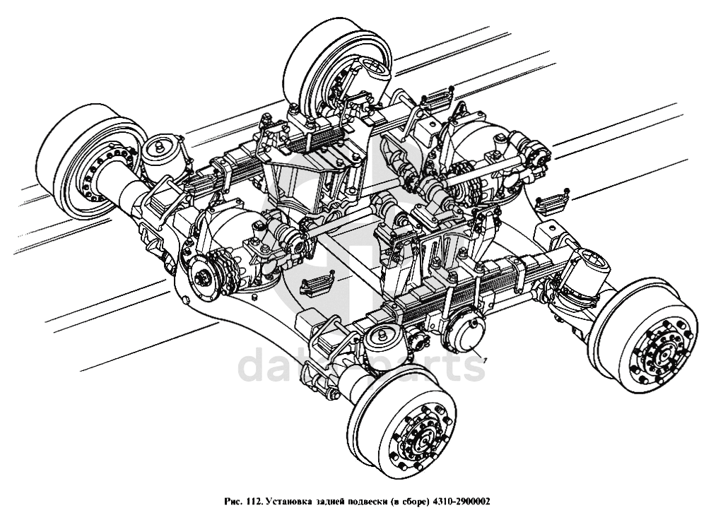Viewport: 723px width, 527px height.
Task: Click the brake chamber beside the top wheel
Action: (x=372, y=74)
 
